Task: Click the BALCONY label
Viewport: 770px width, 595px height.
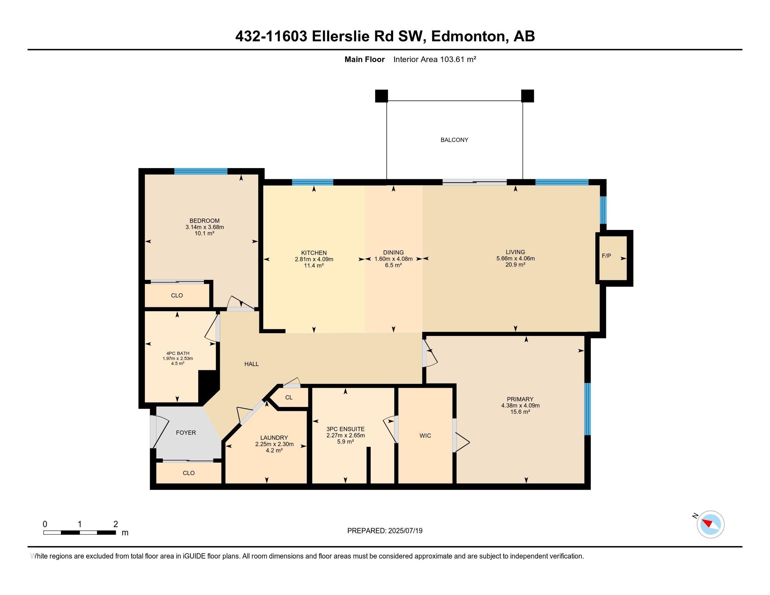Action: tap(454, 140)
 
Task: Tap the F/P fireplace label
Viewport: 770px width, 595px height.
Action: tap(606, 256)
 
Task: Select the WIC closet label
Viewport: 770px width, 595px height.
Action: tap(425, 436)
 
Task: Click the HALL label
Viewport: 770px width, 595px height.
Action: tap(251, 364)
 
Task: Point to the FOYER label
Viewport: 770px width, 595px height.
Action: tap(186, 433)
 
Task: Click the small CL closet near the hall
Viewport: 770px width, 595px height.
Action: tap(289, 398)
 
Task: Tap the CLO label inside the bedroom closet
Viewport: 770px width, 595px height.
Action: tap(177, 296)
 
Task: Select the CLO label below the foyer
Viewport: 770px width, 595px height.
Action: tap(189, 473)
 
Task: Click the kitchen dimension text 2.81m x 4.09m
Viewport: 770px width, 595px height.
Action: tap(314, 259)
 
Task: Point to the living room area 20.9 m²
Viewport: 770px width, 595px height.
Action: tap(516, 265)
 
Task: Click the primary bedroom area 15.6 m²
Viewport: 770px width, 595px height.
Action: tap(520, 412)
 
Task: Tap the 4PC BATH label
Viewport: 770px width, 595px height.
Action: tap(178, 353)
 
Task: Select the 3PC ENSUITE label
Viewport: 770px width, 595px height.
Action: tap(345, 429)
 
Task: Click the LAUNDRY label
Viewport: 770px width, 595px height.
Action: tap(274, 438)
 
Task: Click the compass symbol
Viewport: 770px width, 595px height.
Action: tap(710, 524)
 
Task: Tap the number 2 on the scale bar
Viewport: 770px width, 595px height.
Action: tap(115, 524)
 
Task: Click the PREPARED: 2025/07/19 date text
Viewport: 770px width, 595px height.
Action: tap(385, 531)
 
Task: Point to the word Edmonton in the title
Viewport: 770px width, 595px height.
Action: tap(469, 36)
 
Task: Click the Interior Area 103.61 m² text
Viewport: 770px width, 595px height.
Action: tap(435, 59)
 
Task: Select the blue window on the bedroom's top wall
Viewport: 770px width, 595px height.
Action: tap(201, 171)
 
